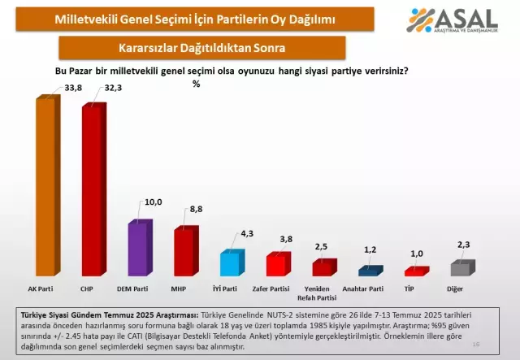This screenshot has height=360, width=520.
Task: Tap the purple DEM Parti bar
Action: coord(137,248)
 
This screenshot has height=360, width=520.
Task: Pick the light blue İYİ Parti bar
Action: coord(231,264)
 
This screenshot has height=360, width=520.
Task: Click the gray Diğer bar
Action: coord(460,269)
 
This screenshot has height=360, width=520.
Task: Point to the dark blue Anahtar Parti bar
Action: coord(370,271)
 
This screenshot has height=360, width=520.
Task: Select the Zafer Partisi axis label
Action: coord(278,288)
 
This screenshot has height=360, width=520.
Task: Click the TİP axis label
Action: coord(415,288)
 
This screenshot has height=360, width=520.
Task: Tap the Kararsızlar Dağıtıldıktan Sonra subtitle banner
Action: coord(193,48)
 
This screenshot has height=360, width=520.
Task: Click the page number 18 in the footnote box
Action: coord(497,345)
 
